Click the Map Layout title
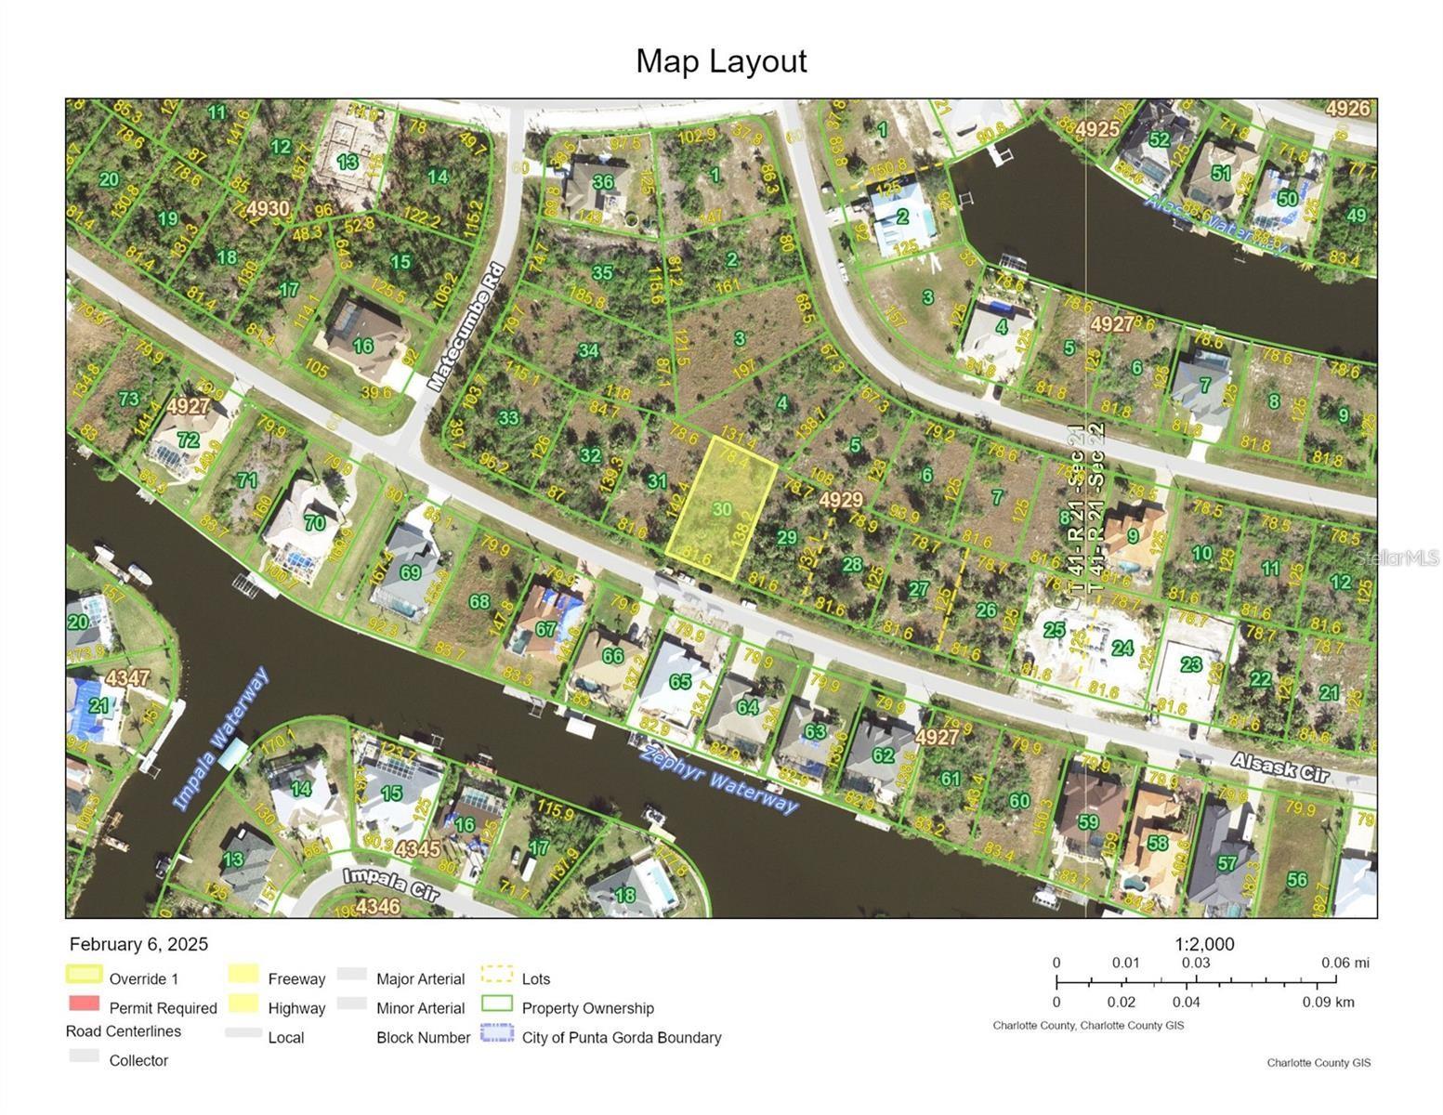pos(721,61)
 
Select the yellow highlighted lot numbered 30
pos(722,509)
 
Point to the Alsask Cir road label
pos(1280,767)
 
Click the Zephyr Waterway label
pos(719,779)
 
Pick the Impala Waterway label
pos(221,739)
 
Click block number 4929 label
pos(841,500)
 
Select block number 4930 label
pos(268,208)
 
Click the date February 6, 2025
pos(139,944)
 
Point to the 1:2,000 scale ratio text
pos(1204,944)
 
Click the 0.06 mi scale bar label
pos(1345,963)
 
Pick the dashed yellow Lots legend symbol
pos(497,975)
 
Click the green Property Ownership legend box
pos(497,1003)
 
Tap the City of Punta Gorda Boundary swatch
pos(497,1033)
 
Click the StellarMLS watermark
pos(1397,557)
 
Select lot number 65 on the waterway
pos(680,681)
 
